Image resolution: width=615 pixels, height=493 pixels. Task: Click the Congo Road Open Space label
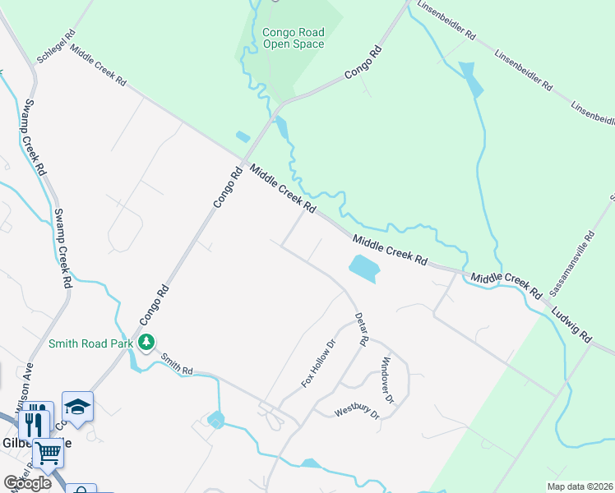click(x=294, y=38)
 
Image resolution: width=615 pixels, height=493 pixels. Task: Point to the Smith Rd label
click(x=177, y=363)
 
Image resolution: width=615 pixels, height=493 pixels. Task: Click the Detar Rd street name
click(x=360, y=327)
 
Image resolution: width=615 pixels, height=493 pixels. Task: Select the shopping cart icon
click(x=49, y=452)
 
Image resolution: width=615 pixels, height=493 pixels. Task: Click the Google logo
click(x=27, y=483)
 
